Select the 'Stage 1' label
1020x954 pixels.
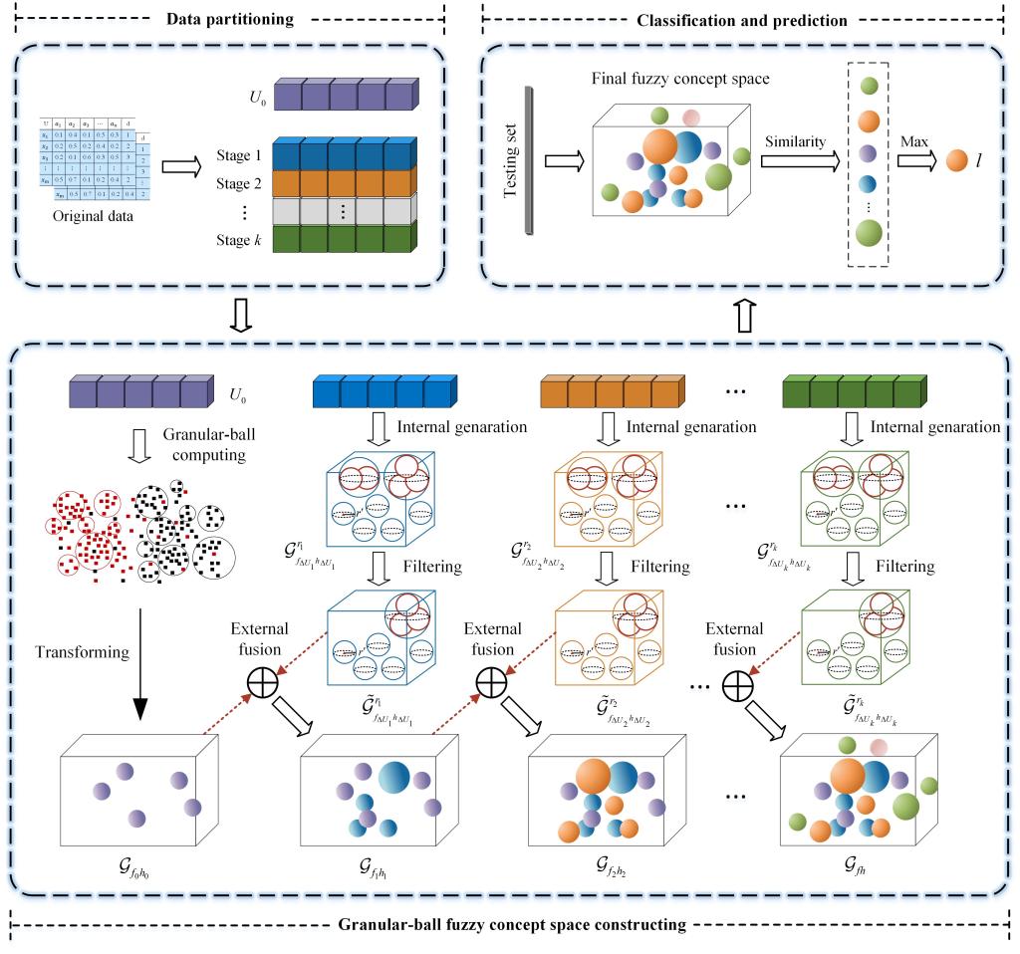(x=240, y=157)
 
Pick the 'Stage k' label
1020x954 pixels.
(x=240, y=239)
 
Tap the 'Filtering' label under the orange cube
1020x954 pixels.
(x=655, y=567)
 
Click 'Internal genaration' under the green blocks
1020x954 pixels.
(x=935, y=426)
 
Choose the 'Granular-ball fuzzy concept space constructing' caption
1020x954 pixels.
(x=511, y=924)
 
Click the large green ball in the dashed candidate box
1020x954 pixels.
(x=868, y=234)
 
